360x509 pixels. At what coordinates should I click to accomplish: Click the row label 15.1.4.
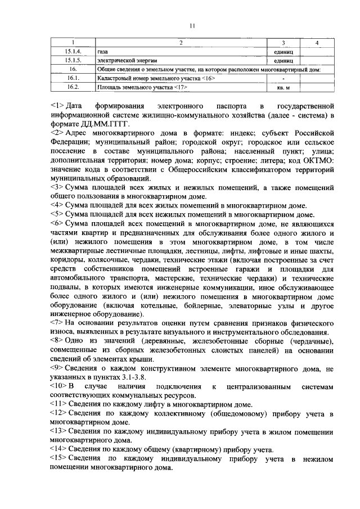tap(73, 51)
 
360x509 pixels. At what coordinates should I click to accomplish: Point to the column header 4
tap(317, 43)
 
